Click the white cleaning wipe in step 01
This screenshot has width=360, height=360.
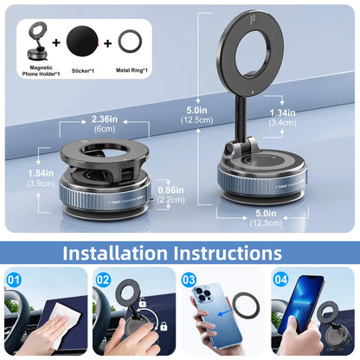pos(53,327)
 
